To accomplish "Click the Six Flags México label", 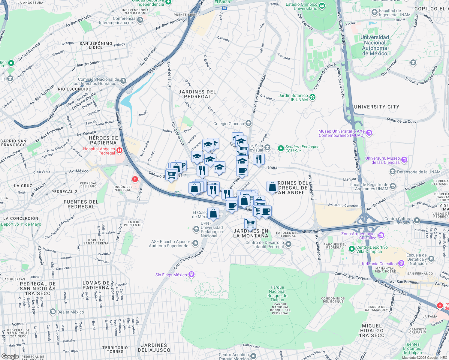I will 171,275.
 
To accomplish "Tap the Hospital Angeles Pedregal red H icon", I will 119,151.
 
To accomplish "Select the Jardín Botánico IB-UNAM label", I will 293,97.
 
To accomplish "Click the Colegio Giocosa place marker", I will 248,123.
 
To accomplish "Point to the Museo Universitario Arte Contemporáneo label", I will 342,133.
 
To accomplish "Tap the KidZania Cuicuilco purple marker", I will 401,264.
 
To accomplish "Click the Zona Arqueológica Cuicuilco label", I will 359,236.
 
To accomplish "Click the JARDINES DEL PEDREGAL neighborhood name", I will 197,94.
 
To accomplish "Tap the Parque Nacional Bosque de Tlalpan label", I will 277,293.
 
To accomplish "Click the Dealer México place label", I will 71,312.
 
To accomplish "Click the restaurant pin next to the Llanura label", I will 259,159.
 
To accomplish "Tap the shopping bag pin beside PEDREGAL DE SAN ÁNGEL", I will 272,187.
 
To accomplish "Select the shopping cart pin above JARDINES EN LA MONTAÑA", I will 250,223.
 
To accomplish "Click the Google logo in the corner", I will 10,356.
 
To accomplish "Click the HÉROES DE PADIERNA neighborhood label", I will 104,140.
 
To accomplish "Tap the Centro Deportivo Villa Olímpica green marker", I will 351,249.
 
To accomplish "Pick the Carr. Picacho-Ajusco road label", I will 189,259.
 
